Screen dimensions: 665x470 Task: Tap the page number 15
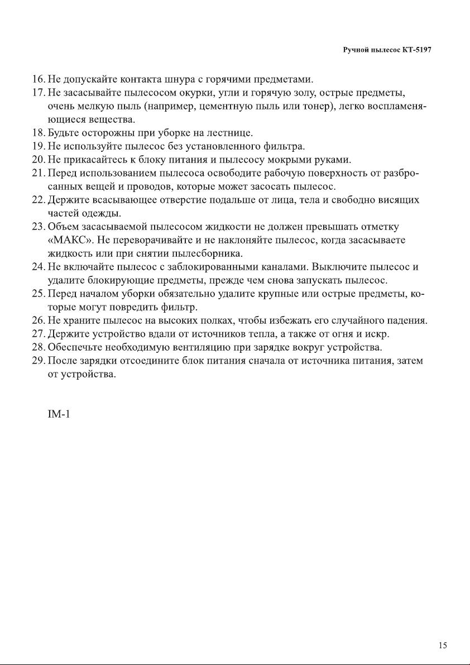(x=443, y=645)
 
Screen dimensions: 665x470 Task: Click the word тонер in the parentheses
(x=317, y=106)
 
